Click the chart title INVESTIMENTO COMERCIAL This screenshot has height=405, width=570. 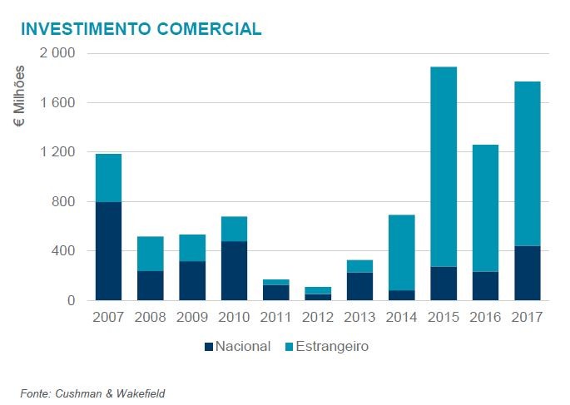(141, 29)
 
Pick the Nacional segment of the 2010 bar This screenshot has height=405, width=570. (234, 270)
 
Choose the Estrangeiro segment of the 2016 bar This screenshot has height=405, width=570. (485, 208)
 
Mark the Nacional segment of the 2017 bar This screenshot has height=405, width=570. (528, 273)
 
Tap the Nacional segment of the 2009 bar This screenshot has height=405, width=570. (192, 280)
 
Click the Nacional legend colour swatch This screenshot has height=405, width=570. (209, 347)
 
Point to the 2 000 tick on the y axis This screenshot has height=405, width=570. (57, 53)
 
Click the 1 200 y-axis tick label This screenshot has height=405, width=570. (57, 152)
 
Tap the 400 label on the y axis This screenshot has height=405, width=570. (64, 251)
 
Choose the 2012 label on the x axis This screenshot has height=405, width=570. (318, 317)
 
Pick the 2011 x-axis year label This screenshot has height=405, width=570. (275, 317)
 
